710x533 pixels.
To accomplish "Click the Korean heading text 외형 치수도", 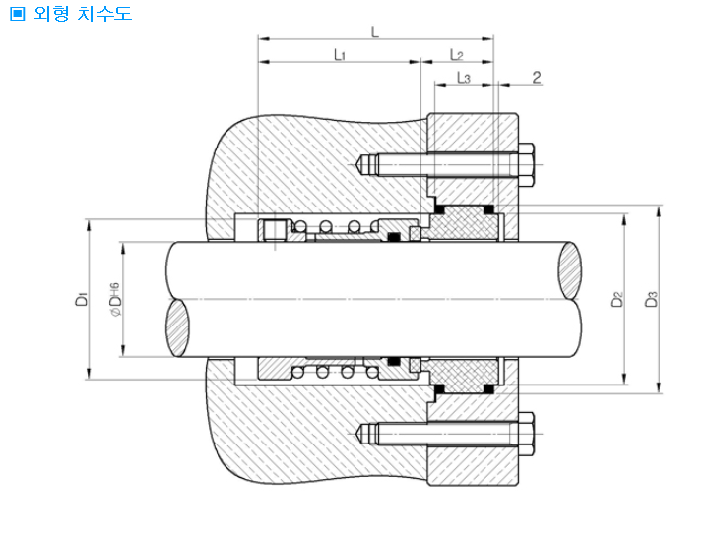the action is (83, 13).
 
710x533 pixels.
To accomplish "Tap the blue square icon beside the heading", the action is (17, 14).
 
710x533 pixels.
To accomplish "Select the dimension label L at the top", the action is (375, 32).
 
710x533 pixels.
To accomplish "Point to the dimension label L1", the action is (340, 55).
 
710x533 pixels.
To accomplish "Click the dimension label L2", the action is (457, 55).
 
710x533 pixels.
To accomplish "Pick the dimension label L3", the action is (464, 78).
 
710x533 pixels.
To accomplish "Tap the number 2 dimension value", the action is (537, 78).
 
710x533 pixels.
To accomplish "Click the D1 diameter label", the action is (82, 299).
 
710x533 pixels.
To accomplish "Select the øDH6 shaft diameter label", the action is (115, 299).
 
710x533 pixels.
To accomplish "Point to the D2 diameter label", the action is (616, 299).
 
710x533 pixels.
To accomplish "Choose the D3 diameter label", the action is (651, 299).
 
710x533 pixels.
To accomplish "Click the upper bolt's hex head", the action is (526, 165).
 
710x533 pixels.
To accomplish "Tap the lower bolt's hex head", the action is (526, 434).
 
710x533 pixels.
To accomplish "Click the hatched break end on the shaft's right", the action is (569, 270).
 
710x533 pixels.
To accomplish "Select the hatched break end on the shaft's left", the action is (178, 327).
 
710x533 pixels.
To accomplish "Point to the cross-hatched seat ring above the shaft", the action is (464, 224).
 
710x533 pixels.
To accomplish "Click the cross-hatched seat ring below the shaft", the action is (464, 375).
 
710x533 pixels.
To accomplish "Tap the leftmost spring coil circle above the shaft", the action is (299, 226).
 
